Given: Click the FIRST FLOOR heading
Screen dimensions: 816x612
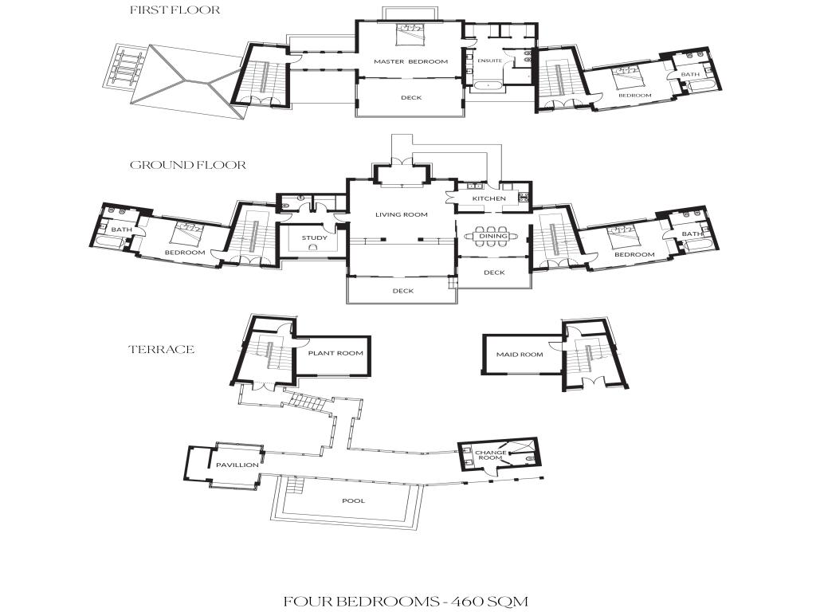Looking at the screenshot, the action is (x=175, y=10).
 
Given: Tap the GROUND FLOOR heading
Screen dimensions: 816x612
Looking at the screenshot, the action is (x=188, y=165).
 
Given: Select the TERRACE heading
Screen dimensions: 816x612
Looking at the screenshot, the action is (x=161, y=349).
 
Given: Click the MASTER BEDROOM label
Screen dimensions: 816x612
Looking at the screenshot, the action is (x=410, y=61).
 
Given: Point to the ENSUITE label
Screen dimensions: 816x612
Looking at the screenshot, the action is (x=490, y=61).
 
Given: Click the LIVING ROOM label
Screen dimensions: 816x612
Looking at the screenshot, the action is (x=402, y=214).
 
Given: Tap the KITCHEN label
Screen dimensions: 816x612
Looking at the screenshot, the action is (x=488, y=198).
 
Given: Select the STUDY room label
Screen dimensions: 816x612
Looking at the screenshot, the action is (x=314, y=237).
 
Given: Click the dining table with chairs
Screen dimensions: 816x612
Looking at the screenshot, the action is (x=492, y=236).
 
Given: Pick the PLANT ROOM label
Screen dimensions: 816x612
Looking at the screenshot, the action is (x=335, y=353).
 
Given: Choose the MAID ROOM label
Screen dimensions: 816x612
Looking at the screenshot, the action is (x=520, y=355).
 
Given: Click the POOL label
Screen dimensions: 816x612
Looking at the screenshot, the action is (x=353, y=500).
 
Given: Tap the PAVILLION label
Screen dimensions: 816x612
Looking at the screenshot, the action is (x=237, y=465).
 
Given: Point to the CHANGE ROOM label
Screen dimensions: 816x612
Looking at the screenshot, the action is (x=490, y=455).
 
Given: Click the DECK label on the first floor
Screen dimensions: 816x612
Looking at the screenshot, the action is (x=411, y=98).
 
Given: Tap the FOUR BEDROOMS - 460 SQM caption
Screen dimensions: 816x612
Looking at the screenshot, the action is (x=406, y=602).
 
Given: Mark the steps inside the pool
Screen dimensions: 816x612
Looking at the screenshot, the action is (x=295, y=486).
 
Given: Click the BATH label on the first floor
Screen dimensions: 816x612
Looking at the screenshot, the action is (x=690, y=74).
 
